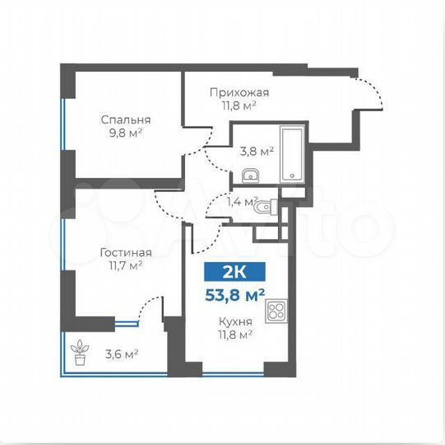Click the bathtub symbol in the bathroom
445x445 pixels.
[291, 155]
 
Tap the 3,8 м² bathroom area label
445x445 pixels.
[256, 152]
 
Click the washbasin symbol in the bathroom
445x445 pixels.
[252, 175]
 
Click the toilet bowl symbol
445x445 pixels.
[262, 210]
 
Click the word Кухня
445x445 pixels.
[234, 321]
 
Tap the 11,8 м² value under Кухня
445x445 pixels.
[234, 335]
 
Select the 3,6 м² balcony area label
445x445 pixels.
[120, 354]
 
